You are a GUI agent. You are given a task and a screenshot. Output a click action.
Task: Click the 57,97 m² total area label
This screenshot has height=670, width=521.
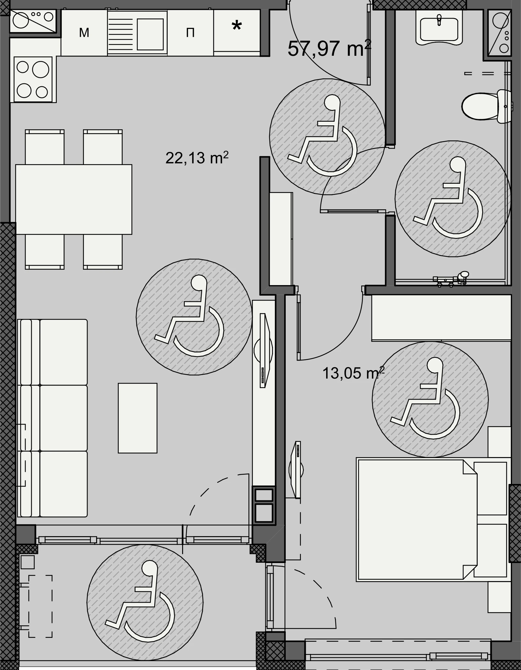(x=329, y=48)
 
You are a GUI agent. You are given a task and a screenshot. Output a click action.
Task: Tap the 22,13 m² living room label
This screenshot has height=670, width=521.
(x=197, y=158)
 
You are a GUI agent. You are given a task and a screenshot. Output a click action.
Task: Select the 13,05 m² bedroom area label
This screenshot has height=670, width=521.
(x=353, y=373)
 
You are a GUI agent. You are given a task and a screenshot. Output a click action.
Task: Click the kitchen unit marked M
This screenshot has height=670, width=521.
(x=84, y=32)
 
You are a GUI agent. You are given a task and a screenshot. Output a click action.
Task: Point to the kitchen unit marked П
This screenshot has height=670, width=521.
(x=190, y=32)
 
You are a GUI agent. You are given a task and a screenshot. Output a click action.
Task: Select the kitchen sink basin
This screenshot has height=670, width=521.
(x=150, y=34)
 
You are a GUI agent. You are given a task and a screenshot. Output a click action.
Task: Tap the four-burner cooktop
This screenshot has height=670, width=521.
(x=33, y=79)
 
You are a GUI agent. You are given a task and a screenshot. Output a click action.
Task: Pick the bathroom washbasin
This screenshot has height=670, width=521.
(x=439, y=27)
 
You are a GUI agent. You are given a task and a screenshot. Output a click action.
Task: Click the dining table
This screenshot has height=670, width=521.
(x=74, y=199)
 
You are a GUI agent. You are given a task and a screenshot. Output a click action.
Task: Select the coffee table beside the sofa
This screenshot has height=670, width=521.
(x=138, y=418)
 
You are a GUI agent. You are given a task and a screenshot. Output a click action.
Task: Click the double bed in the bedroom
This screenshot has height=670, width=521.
(x=433, y=520)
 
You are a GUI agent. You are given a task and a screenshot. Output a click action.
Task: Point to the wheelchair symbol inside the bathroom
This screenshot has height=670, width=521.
(x=453, y=199)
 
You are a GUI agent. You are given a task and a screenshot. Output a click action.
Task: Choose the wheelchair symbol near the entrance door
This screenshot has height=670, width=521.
(x=327, y=136)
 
